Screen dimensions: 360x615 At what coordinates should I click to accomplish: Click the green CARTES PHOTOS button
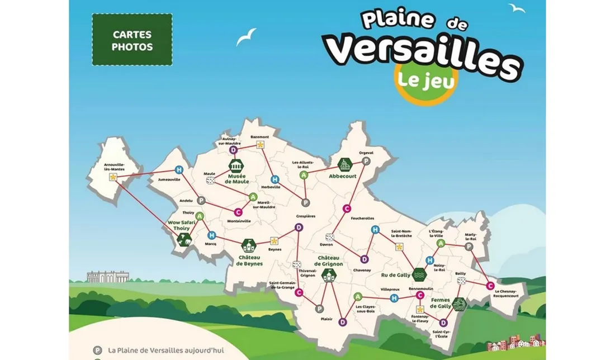point(132,40)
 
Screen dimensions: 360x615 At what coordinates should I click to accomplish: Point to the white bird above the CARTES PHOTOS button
point(246,36)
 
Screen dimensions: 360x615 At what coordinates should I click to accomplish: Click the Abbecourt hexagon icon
point(344,164)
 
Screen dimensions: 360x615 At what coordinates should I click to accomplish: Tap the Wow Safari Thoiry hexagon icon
point(183,239)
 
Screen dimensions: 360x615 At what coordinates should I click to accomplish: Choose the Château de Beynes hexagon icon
point(248,245)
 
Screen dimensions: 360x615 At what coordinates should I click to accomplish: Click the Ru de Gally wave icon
point(419,274)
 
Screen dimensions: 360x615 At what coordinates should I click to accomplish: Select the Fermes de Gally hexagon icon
point(459,305)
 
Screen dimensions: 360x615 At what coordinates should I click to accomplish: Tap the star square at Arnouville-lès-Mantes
point(113,177)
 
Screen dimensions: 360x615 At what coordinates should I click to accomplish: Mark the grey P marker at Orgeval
point(366,161)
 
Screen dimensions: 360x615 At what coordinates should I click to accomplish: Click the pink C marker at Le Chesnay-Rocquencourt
point(490,286)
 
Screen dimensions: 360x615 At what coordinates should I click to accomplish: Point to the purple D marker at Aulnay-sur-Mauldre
point(234,150)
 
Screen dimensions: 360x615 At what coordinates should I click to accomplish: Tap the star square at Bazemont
point(260,144)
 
